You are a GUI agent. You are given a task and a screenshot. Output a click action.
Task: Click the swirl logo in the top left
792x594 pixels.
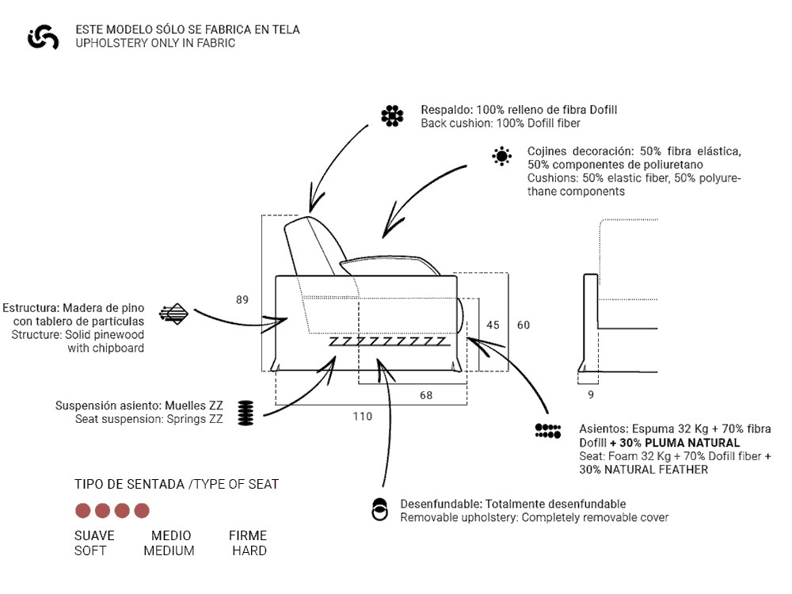(43, 36)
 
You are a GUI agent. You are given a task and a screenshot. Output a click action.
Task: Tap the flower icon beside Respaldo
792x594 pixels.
(392, 116)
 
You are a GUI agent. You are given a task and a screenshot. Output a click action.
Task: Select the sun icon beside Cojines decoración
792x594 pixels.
(501, 156)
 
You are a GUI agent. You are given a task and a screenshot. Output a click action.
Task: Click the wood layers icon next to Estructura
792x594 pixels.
(173, 314)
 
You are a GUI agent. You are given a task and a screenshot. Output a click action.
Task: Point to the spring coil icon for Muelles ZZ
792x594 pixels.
(246, 412)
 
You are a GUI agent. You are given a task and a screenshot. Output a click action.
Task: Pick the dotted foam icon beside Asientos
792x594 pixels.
(548, 432)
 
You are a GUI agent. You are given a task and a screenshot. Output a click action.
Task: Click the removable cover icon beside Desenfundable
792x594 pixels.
(380, 510)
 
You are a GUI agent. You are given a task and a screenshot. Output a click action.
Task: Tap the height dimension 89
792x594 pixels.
(242, 299)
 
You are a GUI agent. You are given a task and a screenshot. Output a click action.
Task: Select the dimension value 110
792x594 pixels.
(362, 417)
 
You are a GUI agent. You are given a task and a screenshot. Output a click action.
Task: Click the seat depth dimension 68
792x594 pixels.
(426, 395)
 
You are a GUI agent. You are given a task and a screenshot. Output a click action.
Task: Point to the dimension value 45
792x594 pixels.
(493, 325)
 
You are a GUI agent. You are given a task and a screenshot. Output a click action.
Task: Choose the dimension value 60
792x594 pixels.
(524, 325)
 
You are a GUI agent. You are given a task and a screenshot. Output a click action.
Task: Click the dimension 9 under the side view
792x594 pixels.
(591, 394)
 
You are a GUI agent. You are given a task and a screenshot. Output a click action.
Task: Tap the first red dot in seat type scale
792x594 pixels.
(83, 511)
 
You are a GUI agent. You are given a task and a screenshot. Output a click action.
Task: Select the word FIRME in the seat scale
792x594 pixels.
(248, 535)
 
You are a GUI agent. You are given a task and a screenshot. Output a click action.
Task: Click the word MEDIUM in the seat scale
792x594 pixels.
(169, 550)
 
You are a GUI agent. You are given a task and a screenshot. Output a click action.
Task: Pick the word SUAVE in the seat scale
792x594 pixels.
(94, 535)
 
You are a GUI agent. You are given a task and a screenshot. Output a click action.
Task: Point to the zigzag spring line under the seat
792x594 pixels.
(388, 341)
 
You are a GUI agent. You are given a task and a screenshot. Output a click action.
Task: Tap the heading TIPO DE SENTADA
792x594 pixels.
(130, 484)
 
